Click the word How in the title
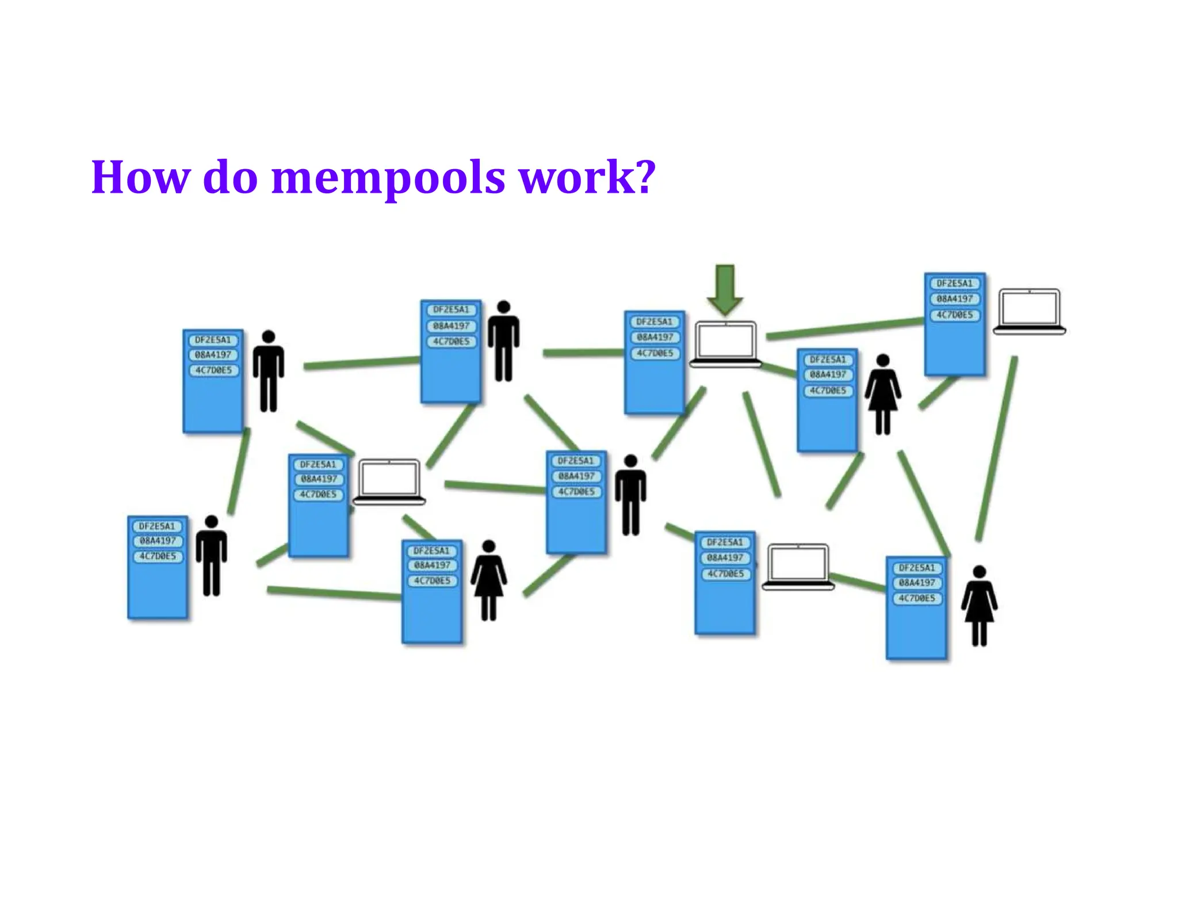[x=140, y=177]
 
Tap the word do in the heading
[x=230, y=177]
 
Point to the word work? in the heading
[x=587, y=177]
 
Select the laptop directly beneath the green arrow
[x=725, y=344]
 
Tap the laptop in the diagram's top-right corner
[x=1029, y=311]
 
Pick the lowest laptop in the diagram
[x=798, y=567]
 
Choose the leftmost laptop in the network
[x=389, y=481]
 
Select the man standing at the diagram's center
[x=630, y=495]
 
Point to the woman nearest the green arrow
[x=882, y=394]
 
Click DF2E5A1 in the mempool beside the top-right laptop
[x=954, y=284]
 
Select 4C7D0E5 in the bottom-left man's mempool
[x=158, y=556]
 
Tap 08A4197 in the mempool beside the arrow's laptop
[x=655, y=337]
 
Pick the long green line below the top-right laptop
[x=996, y=449]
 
